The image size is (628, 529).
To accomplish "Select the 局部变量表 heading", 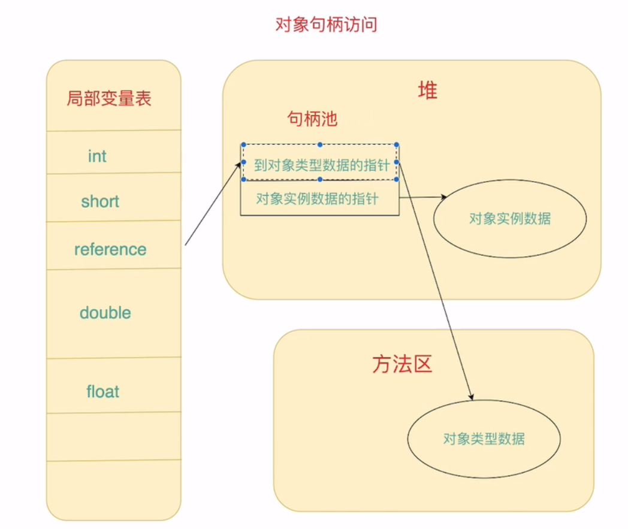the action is pyautogui.click(x=109, y=98).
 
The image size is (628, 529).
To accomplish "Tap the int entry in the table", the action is pyautogui.click(x=97, y=156).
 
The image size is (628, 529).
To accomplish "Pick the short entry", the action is pyautogui.click(x=100, y=201).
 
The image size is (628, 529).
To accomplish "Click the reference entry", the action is pyautogui.click(x=110, y=249).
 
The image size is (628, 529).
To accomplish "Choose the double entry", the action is pyautogui.click(x=105, y=313).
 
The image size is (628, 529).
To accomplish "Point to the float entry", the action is pyautogui.click(x=102, y=392).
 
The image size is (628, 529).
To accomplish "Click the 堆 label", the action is pyautogui.click(x=427, y=90).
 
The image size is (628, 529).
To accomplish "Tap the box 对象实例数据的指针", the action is pyautogui.click(x=317, y=198).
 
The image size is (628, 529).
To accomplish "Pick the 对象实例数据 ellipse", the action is pyautogui.click(x=509, y=219).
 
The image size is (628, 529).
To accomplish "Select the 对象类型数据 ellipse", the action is pyautogui.click(x=484, y=439).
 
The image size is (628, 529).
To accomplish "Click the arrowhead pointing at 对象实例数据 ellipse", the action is pyautogui.click(x=444, y=197).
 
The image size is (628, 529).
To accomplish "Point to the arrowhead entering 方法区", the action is pyautogui.click(x=471, y=396).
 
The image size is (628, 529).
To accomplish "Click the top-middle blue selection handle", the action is pyautogui.click(x=320, y=145).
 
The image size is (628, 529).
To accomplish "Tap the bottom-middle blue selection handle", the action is pyautogui.click(x=320, y=179).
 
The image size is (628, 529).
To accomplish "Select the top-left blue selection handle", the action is pyautogui.click(x=243, y=145).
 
